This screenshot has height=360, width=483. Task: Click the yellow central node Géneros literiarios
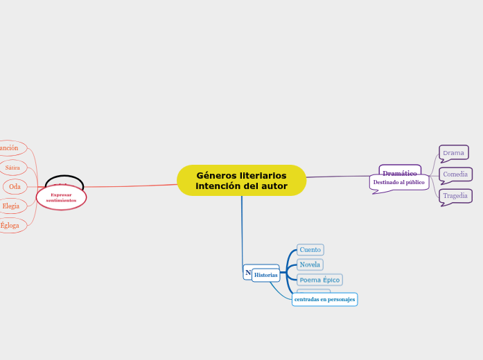[x=241, y=180]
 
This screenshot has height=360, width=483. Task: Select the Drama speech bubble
[x=454, y=152]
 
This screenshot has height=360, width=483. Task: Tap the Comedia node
[x=455, y=174]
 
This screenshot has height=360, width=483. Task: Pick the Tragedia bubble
[x=455, y=196]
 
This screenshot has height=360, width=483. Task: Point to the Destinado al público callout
[x=398, y=183]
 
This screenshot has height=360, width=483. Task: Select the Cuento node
[x=310, y=249]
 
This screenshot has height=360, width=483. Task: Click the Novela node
[x=310, y=264]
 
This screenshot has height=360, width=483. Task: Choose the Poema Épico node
[x=319, y=280]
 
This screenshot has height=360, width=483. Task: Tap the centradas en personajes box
[x=324, y=299]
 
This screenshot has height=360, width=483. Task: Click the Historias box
[x=265, y=275]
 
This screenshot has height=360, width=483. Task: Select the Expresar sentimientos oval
[x=61, y=197]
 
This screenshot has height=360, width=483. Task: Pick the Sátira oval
[x=12, y=168]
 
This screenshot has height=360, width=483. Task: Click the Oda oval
[x=15, y=186]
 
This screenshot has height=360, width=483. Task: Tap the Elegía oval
[x=11, y=206]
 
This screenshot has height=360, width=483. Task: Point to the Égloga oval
[x=10, y=225]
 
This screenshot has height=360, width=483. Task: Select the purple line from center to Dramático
[x=343, y=177]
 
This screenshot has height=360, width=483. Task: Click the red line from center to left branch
[x=132, y=186]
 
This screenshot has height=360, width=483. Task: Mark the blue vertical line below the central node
[x=242, y=228]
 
